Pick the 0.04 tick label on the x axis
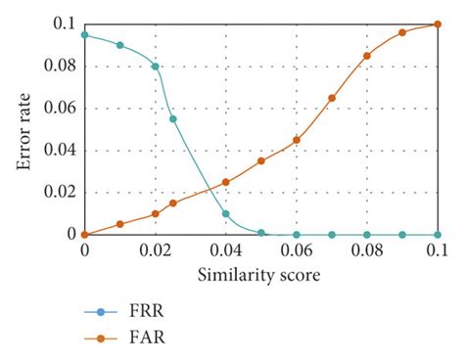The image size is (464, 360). (226, 251)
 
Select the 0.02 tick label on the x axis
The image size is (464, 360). (155, 251)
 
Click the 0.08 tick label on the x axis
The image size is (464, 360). (367, 251)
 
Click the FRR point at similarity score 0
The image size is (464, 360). (85, 34)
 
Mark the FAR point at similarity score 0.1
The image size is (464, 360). (438, 24)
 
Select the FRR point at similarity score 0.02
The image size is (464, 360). (156, 67)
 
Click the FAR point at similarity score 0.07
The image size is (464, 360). (332, 98)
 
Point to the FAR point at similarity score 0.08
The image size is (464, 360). (367, 56)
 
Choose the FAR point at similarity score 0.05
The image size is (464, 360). (261, 160)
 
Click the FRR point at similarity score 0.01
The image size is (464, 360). (120, 45)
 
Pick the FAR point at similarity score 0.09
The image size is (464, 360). (402, 32)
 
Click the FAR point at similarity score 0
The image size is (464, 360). (85, 234)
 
